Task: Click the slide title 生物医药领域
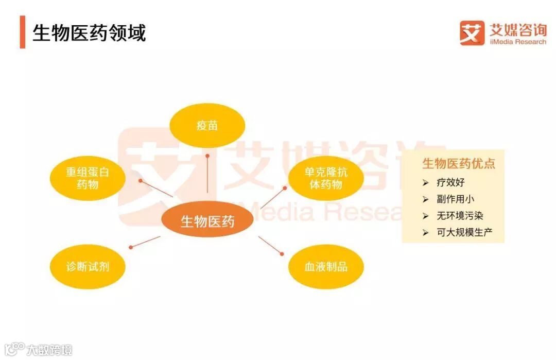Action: coord(89,32)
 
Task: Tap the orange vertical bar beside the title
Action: coord(22,32)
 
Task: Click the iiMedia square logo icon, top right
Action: coord(472,32)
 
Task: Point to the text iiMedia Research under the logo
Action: coord(517,42)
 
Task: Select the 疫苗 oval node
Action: coord(207,125)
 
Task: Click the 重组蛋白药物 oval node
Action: coord(87,177)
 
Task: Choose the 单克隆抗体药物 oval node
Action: coord(325,178)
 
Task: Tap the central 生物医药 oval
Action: coord(207,221)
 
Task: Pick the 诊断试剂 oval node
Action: coord(88,266)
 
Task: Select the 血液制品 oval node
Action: coord(325,266)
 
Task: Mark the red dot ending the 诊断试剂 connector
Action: coord(131,247)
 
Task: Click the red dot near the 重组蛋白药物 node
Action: coord(141,181)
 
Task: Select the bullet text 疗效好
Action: coord(450,182)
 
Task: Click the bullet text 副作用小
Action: coord(455,199)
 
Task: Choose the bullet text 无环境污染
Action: coord(460,215)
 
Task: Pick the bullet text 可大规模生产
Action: coord(464,232)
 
